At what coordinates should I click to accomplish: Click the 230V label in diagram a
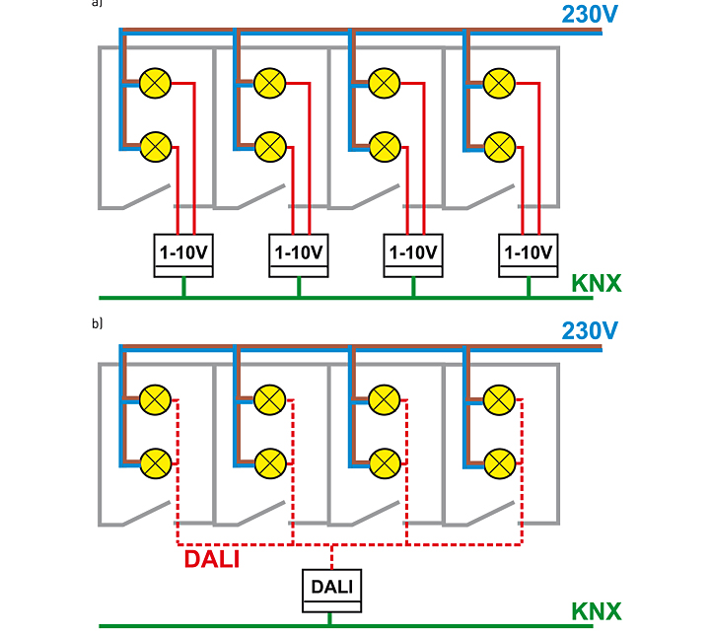[590, 14]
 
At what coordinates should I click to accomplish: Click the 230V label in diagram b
[590, 331]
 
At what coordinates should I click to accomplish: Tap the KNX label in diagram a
[597, 284]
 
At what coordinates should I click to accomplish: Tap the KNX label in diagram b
[597, 611]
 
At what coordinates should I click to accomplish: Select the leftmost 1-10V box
[183, 255]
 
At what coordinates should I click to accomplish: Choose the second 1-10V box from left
[299, 255]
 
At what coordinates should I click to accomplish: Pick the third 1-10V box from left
[413, 255]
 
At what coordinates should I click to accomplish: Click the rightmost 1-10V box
[528, 255]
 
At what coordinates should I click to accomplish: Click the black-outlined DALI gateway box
[332, 591]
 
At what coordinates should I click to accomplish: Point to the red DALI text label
[212, 559]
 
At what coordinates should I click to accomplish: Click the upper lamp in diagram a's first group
[155, 84]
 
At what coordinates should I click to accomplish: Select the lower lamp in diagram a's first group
[156, 147]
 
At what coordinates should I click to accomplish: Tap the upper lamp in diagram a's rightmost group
[499, 84]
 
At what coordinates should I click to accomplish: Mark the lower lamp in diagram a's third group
[385, 147]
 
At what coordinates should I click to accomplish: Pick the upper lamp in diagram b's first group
[155, 400]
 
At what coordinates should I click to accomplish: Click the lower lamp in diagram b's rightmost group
[500, 463]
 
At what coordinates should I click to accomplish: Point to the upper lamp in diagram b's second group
[270, 400]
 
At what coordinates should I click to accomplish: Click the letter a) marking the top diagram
[97, 3]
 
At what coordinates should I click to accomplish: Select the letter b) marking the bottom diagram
[97, 323]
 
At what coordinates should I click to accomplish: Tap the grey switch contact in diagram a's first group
[146, 196]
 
